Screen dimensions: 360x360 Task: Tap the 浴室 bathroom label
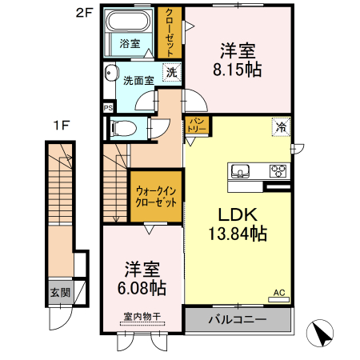click(x=130, y=44)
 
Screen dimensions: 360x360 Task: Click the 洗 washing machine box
click(x=172, y=72)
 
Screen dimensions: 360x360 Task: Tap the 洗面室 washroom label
click(x=139, y=80)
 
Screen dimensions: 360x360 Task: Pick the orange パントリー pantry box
click(x=197, y=126)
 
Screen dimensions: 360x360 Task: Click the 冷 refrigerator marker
click(x=281, y=126)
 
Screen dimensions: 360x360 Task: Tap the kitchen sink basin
click(x=242, y=170)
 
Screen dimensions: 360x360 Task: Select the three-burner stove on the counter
click(x=278, y=170)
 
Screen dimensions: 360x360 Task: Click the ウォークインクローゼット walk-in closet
click(x=157, y=197)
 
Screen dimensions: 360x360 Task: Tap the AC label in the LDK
click(x=279, y=294)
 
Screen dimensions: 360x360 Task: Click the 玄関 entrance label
click(x=59, y=293)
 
